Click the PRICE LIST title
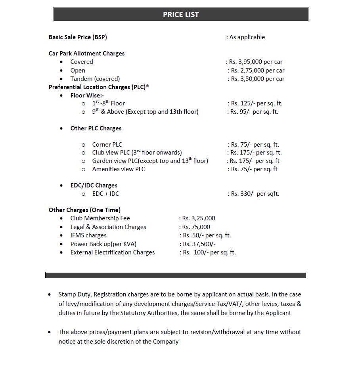pos(181,15)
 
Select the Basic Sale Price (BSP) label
pos(78,37)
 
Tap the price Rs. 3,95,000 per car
pos(256,62)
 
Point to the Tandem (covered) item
pos(95,79)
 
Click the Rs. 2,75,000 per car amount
pos(257,71)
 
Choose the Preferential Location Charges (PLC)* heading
pos(99,87)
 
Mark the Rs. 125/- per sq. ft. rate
pos(257,103)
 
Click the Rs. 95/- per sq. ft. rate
pos(254,112)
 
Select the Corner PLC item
pos(107,145)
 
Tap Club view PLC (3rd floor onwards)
pos(137,153)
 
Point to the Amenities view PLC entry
pos(119,169)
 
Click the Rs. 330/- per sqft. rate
pos(255,194)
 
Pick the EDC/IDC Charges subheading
pos(94,185)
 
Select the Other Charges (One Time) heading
pos(84,210)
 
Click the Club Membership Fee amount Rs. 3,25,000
pos(199,218)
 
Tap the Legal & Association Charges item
pos(108,227)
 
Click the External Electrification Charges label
pos(113,252)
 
